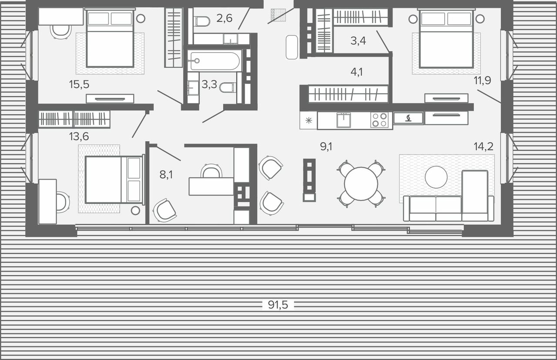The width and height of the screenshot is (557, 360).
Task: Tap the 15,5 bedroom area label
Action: (x=79, y=84)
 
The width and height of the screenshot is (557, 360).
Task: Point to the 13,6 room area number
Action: (x=79, y=137)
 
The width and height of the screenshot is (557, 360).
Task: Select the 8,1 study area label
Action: (x=166, y=175)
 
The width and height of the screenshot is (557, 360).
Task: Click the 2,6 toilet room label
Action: (x=224, y=18)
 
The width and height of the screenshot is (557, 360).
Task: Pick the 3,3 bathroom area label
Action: (x=209, y=84)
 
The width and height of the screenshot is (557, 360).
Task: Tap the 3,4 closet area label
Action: (x=358, y=40)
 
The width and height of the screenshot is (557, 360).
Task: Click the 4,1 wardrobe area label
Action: (x=356, y=72)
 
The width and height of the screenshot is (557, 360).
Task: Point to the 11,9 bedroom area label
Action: (x=482, y=80)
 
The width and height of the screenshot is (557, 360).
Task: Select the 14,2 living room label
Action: (x=483, y=147)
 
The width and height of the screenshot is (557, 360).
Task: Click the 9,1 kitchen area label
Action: (x=326, y=147)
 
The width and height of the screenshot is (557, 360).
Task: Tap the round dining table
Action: (x=361, y=184)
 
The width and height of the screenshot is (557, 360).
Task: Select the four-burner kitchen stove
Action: (x=379, y=120)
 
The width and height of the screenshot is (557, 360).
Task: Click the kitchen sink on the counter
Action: (x=344, y=120)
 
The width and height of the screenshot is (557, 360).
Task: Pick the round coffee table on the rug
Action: (x=436, y=177)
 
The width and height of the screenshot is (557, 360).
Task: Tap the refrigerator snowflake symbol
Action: (x=309, y=120)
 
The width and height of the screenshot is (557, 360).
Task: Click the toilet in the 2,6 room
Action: (x=202, y=21)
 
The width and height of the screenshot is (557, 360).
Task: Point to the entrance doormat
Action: (x=278, y=15)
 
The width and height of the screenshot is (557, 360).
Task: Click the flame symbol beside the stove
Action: (x=408, y=118)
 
